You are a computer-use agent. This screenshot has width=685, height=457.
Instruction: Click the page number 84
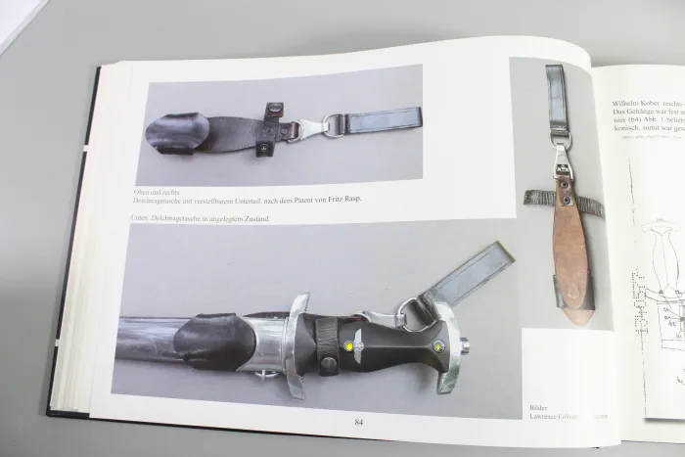pyautogui.click(x=359, y=421)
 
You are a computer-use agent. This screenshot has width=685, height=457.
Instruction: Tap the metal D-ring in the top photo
pyautogui.click(x=335, y=125)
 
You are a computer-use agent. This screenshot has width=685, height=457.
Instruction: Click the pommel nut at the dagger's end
pyautogui.click(x=462, y=343)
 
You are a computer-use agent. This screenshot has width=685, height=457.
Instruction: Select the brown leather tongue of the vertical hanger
pyautogui.click(x=569, y=235)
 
